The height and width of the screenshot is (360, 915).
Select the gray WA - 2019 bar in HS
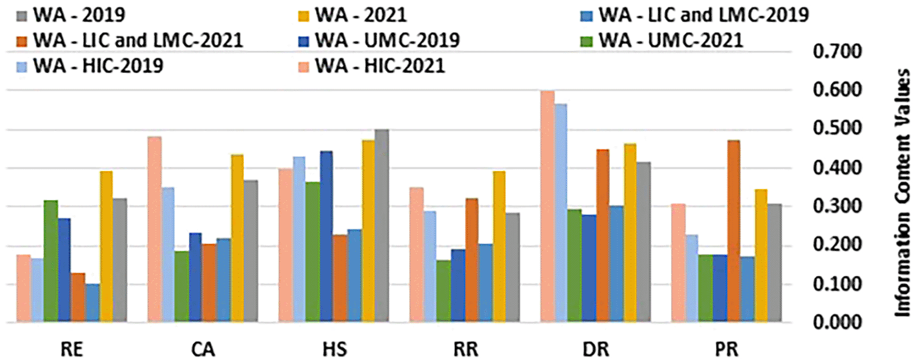381,226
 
